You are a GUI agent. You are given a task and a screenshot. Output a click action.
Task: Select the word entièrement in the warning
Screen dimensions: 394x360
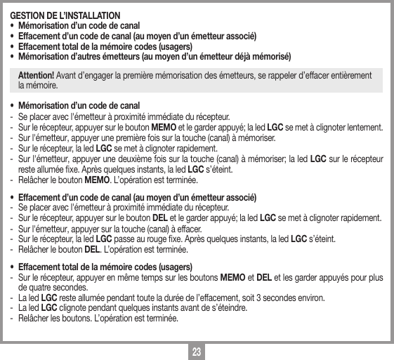(352, 76)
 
